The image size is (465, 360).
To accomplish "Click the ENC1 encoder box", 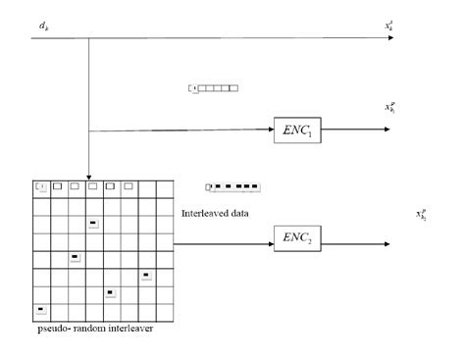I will coord(297,130).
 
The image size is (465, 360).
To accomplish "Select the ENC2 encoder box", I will coord(297,237).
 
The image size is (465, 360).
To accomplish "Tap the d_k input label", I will coord(44,22).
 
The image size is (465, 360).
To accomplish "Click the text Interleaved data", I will coord(212,212).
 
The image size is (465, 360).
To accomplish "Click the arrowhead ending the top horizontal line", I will coord(390,39).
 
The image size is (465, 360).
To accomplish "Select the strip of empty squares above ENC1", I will coord(214,88).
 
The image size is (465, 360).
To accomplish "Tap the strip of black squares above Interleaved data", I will coord(232,186).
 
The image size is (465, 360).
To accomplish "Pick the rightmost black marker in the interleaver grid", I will coord(145,276).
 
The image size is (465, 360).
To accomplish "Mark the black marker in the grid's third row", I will coord(93,224).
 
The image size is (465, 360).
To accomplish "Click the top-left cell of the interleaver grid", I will coord(41,186).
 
